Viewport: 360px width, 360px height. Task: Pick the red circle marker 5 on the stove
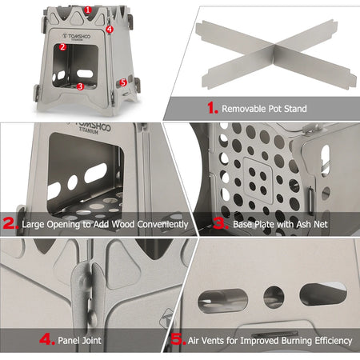click(x=122, y=82)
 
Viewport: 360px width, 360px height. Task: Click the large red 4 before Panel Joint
click(x=46, y=341)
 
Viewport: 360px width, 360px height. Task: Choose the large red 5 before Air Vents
click(x=178, y=341)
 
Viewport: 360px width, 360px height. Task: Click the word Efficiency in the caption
click(x=330, y=341)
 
